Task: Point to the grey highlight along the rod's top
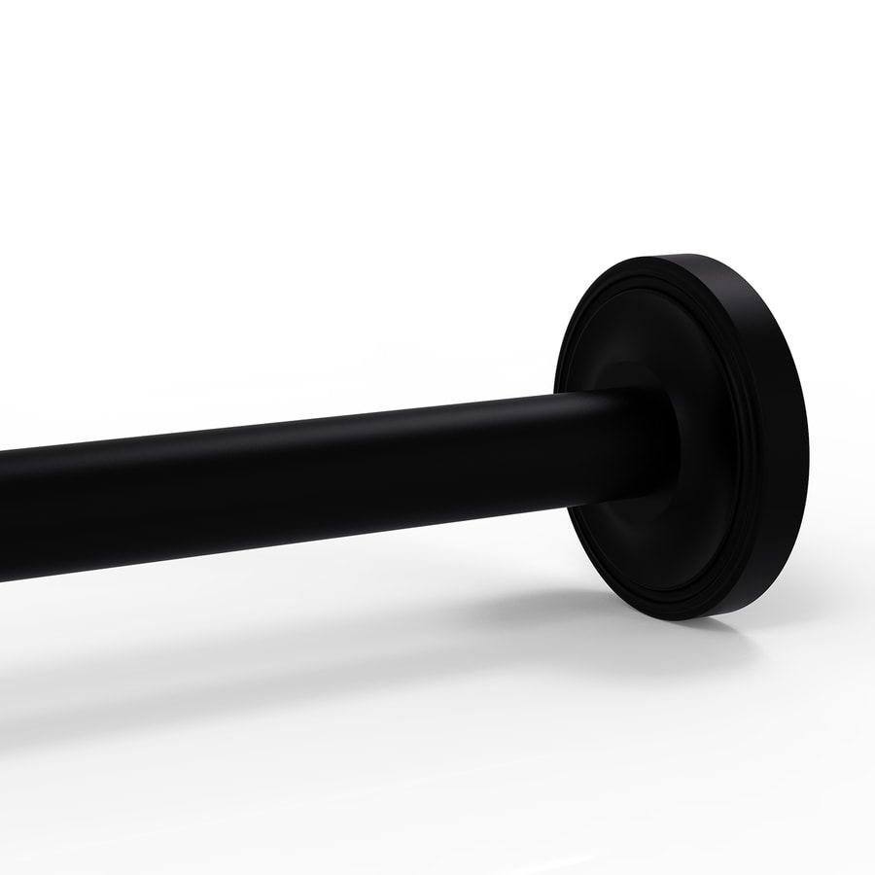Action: point(292,437)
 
